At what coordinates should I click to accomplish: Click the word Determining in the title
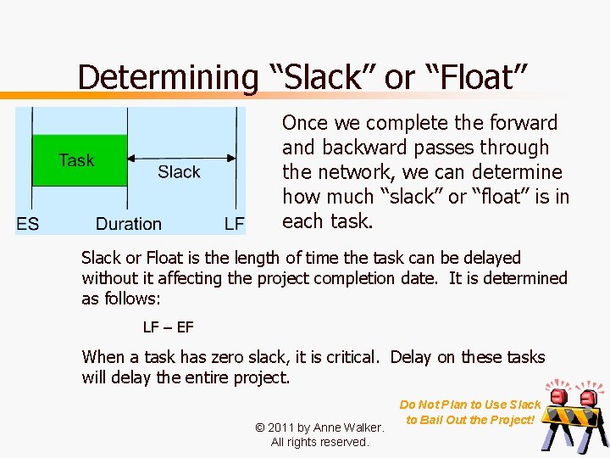pyautogui.click(x=167, y=77)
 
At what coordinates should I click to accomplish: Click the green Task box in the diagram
pyautogui.click(x=79, y=159)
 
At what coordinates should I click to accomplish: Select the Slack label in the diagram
pyautogui.click(x=179, y=172)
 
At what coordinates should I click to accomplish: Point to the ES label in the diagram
pyautogui.click(x=27, y=224)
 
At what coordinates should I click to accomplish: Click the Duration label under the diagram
pyautogui.click(x=128, y=224)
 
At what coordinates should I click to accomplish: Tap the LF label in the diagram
pyautogui.click(x=235, y=224)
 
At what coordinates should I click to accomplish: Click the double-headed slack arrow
pyautogui.click(x=182, y=157)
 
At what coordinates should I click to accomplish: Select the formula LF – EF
pyautogui.click(x=168, y=327)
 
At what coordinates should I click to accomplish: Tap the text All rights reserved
pyautogui.click(x=319, y=442)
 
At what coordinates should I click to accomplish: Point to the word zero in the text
pyautogui.click(x=203, y=357)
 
